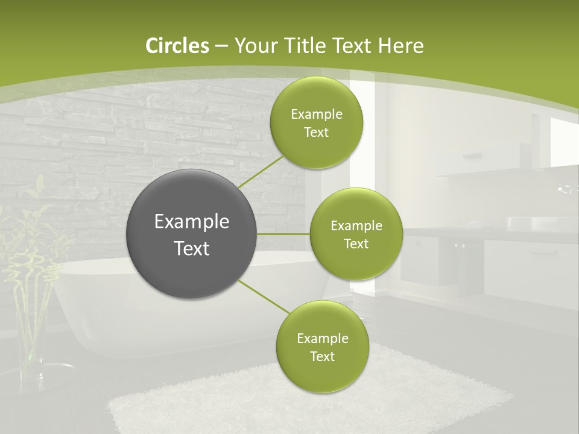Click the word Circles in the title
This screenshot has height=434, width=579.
click(x=177, y=45)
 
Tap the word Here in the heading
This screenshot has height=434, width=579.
click(x=401, y=45)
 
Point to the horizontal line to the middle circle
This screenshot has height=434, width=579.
click(x=283, y=234)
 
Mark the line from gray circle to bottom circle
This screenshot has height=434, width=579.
click(x=264, y=297)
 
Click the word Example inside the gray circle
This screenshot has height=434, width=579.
click(x=192, y=221)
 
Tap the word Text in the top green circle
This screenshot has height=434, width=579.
click(x=316, y=133)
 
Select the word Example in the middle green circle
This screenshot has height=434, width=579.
click(x=356, y=225)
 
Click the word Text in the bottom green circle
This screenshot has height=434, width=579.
click(x=322, y=356)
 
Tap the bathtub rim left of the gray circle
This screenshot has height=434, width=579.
click(x=90, y=265)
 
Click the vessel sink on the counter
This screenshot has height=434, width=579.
click(x=531, y=223)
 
